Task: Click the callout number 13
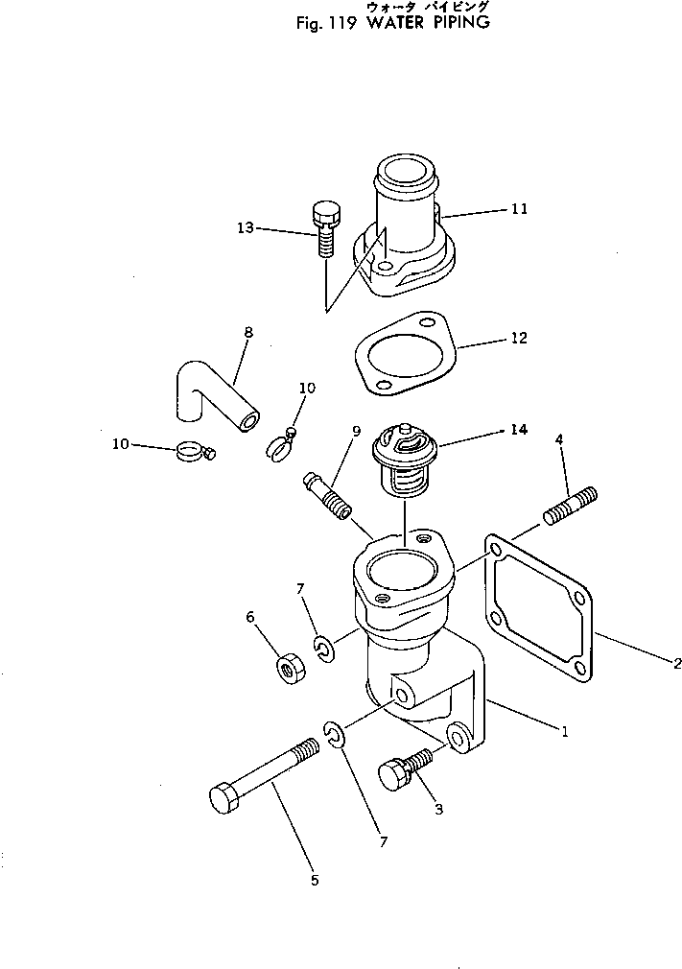click(246, 227)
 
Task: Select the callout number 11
click(519, 208)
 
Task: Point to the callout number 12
click(519, 339)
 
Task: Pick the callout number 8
click(248, 333)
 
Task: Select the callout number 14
click(519, 430)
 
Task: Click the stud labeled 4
click(571, 506)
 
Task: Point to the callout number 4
click(560, 440)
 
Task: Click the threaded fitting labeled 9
click(327, 492)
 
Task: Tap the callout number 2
click(676, 661)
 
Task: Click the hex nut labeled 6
click(289, 667)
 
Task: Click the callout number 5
click(314, 880)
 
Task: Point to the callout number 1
click(565, 731)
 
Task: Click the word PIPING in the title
click(457, 22)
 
